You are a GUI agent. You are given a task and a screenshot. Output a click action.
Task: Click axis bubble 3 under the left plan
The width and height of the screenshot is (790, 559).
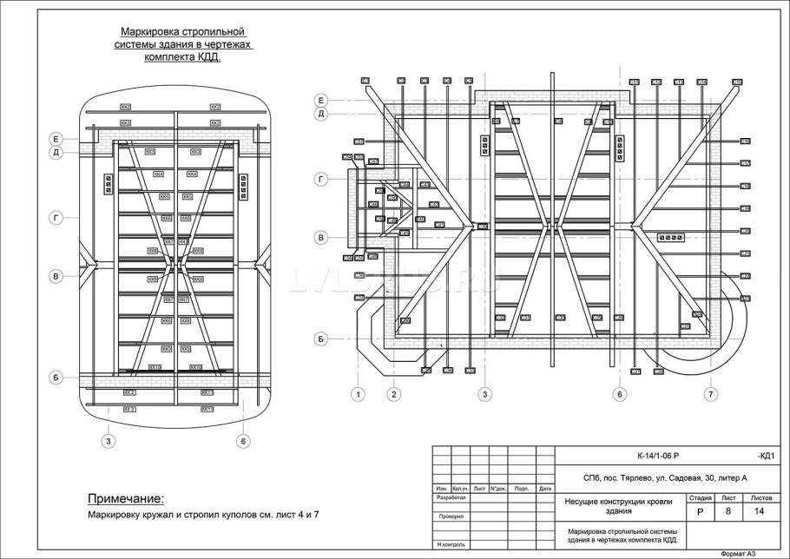coord(108,441)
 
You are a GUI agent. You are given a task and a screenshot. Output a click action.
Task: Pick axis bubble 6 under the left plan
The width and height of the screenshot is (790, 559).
coord(243,441)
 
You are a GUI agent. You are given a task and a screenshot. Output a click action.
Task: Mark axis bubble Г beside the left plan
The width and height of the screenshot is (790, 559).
coord(56,218)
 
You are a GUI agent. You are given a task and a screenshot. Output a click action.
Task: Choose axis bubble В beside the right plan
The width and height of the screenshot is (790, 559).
coord(320,237)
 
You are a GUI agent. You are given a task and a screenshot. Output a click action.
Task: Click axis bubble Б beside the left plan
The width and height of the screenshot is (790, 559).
coord(56,378)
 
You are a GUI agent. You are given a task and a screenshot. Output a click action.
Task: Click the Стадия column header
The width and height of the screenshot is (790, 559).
coord(700,498)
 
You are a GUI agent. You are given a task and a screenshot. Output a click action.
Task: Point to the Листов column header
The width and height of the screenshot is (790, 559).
coord(760,498)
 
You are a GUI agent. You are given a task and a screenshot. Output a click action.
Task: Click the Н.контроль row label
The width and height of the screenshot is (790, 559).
coord(449,544)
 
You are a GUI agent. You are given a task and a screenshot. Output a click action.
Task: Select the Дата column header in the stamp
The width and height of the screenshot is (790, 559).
coord(544,489)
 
